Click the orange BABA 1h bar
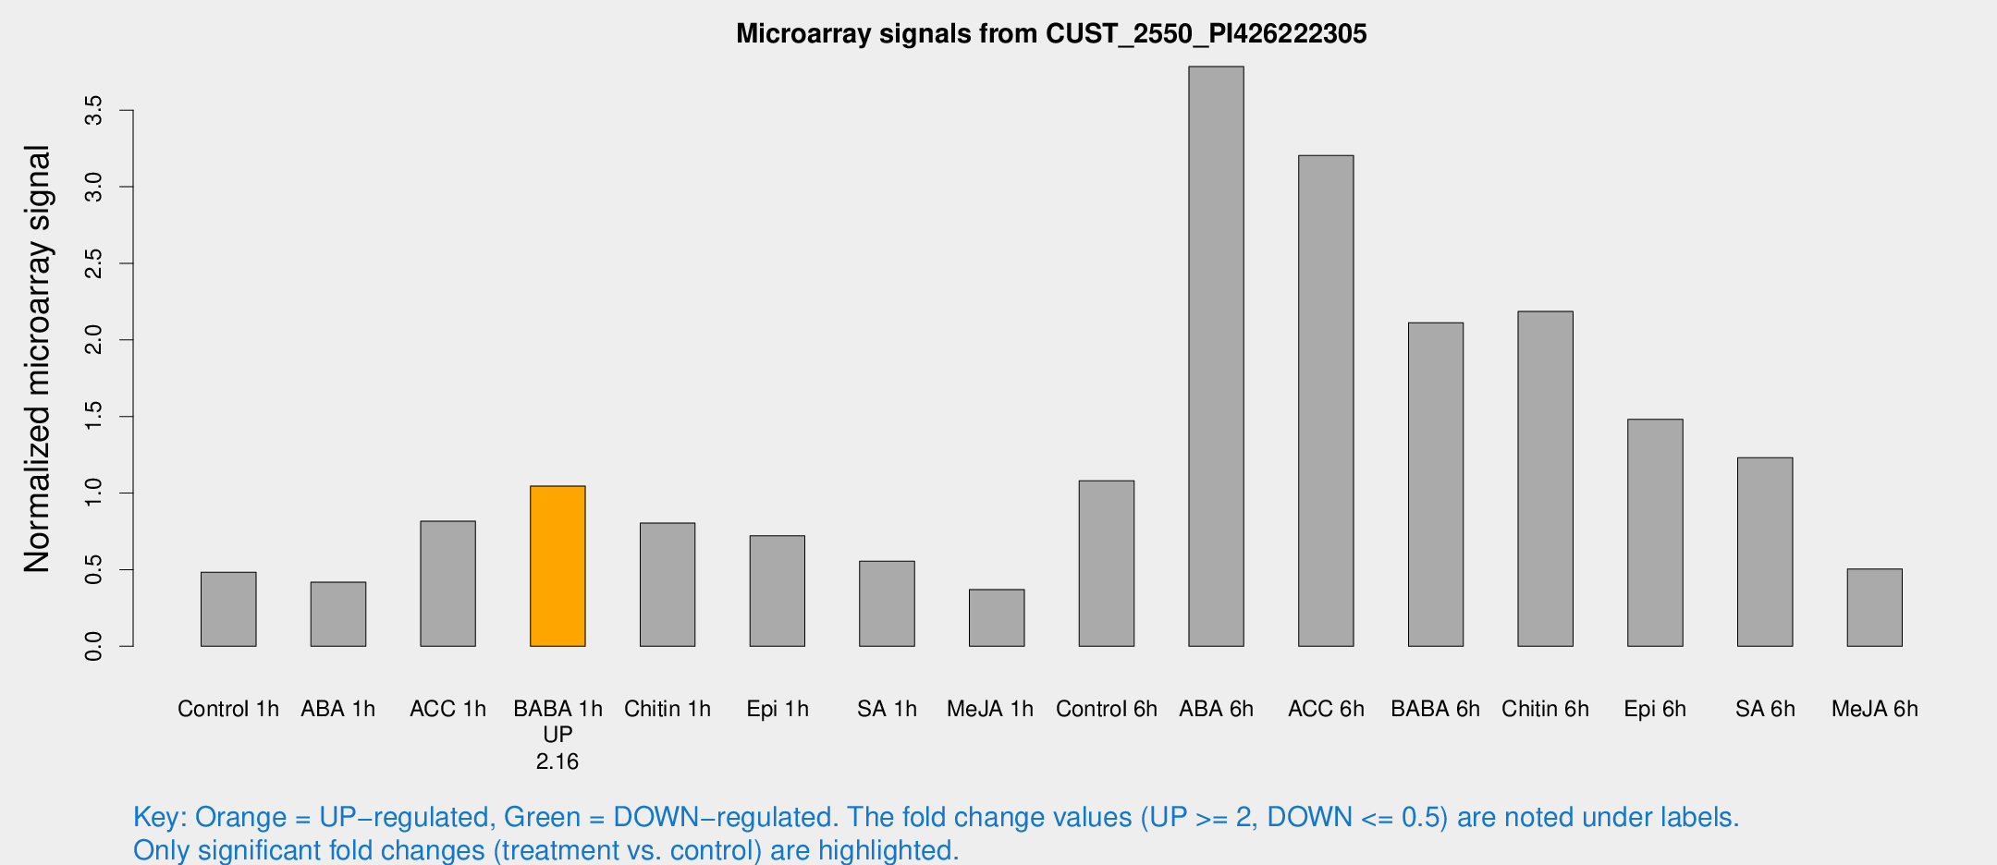coord(557,566)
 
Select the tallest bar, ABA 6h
coord(1216,356)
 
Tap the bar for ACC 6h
coord(1326,400)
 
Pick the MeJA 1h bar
coord(997,617)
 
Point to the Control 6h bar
coord(1107,563)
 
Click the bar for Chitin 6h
coord(1545,479)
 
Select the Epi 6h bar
coord(1655,532)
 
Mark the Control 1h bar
coord(228,609)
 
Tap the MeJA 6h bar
coord(1874,607)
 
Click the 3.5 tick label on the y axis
coord(93,111)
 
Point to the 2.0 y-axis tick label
coord(93,340)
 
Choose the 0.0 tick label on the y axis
coord(93,646)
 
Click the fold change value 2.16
coord(557,761)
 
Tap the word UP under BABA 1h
coord(557,735)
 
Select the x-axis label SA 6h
coord(1765,709)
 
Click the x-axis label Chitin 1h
coord(668,709)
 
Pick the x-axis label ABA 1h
coord(338,709)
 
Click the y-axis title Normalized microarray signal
coord(37,359)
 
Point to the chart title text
coord(1051,34)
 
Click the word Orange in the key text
coord(240,817)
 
